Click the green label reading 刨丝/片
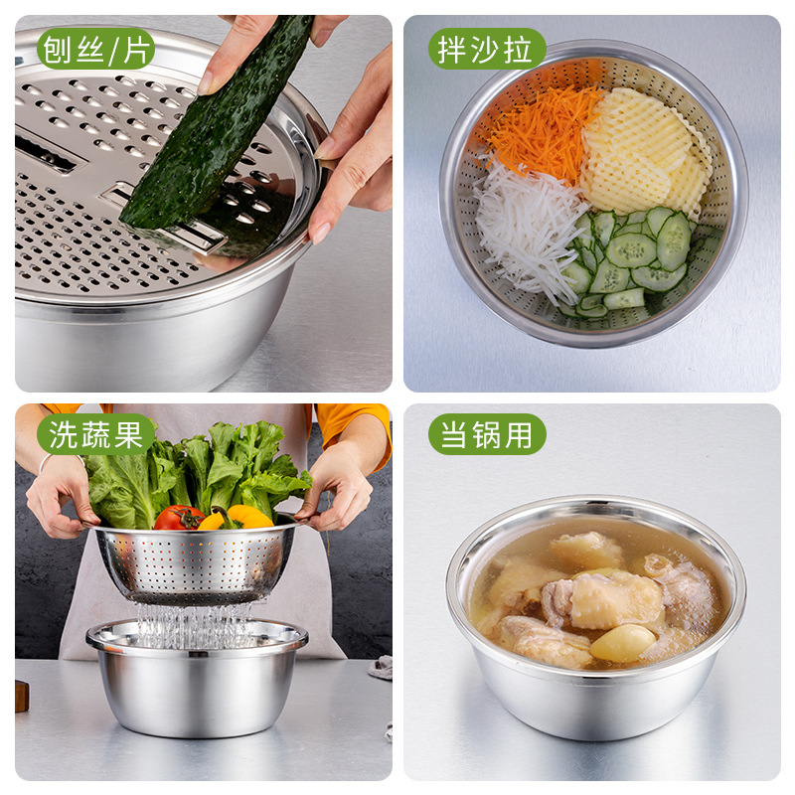tap(96, 49)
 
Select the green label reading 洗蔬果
tap(96, 434)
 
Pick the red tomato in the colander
tap(179, 517)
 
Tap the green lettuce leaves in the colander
tap(199, 467)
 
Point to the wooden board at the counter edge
tap(21, 695)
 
